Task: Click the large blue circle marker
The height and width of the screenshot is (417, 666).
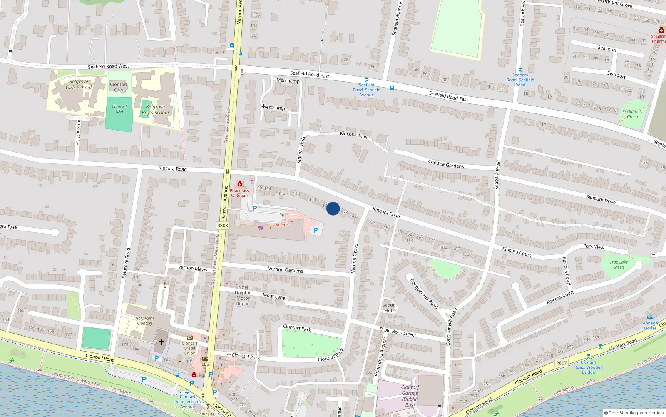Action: (333, 208)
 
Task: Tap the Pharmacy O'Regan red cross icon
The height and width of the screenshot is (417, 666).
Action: (240, 184)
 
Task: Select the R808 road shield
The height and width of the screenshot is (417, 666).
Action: (223, 226)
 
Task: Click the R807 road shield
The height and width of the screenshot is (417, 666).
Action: (561, 363)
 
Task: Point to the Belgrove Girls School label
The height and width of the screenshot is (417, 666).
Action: (79, 85)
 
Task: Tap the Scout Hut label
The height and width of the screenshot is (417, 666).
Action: (388, 308)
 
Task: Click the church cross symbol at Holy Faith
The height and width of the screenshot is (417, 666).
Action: (162, 342)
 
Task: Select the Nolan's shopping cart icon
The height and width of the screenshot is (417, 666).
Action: (261, 227)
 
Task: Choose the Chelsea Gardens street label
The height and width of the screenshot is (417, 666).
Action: (446, 164)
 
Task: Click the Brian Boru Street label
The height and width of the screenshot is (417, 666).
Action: (398, 332)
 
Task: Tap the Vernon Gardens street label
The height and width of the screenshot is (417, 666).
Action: (285, 270)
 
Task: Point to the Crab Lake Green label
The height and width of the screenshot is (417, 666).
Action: (619, 265)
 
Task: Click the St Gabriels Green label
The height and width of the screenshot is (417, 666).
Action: (632, 114)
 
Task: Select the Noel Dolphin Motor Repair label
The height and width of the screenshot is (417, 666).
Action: (243, 295)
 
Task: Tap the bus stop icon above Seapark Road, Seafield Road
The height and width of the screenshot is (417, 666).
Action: (520, 70)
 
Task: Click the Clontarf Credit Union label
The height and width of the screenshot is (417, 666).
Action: (189, 348)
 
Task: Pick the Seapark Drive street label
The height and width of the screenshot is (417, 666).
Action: (601, 199)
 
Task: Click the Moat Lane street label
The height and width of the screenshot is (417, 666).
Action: (274, 296)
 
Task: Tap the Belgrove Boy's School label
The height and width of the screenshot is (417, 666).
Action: (155, 109)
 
